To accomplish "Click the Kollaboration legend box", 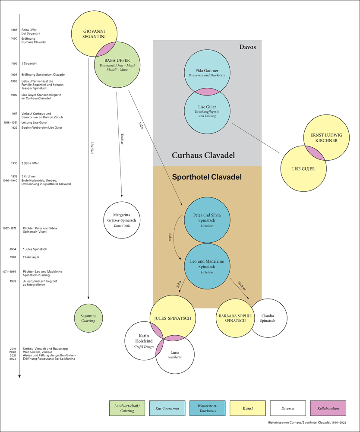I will (328, 408).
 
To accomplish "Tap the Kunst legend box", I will (248, 408).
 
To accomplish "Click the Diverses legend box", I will (288, 408).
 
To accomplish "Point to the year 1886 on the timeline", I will (14, 30).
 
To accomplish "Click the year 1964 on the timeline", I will (13, 249).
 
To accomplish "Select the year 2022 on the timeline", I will (14, 359).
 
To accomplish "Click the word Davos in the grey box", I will (248, 47).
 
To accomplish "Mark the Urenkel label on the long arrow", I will (92, 149).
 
